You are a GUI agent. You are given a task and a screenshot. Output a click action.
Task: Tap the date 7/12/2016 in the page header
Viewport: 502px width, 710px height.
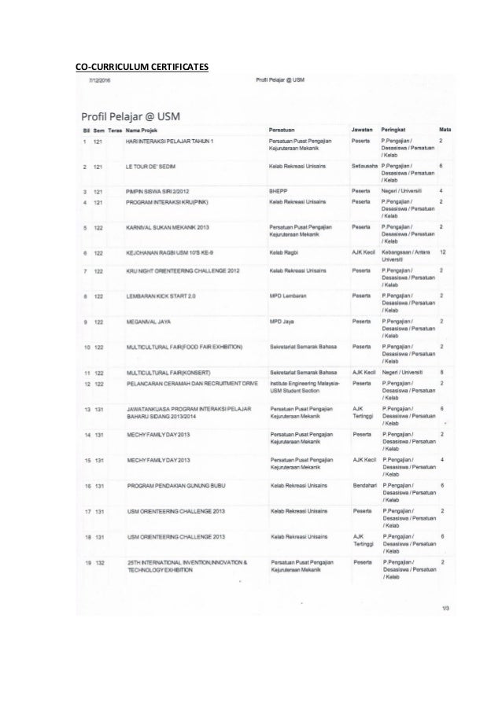coord(101,80)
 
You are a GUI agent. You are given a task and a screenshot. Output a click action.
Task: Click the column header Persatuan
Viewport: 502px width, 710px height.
coord(282,127)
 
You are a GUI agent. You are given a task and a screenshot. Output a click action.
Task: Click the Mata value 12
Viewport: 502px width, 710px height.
coord(444,253)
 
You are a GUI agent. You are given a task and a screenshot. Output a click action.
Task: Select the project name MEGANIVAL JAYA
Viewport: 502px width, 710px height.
coord(149,322)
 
